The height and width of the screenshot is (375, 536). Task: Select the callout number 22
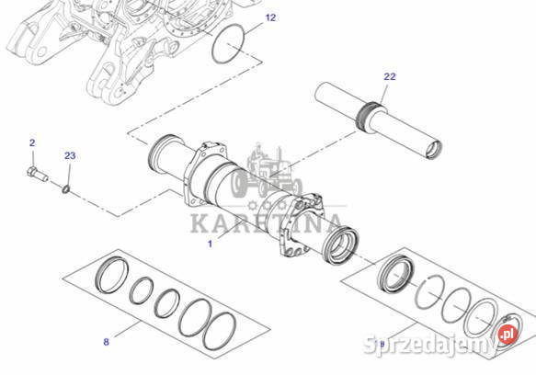[x=390, y=76]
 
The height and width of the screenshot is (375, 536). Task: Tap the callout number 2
[x=32, y=142]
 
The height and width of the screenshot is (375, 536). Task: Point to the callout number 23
[x=70, y=155]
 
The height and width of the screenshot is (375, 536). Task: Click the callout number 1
[x=210, y=244]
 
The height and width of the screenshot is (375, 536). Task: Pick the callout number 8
[x=106, y=342]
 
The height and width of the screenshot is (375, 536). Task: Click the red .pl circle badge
[x=505, y=345]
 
